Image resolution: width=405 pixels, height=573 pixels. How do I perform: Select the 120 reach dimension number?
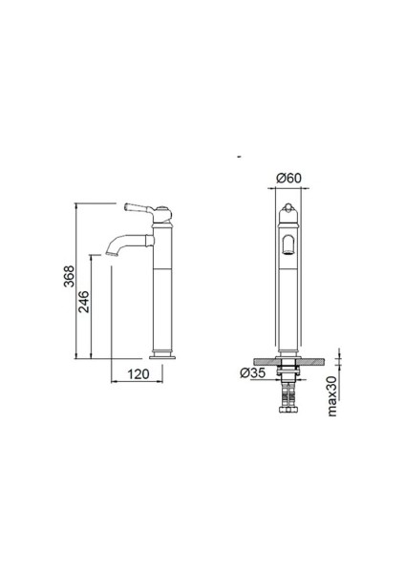[x=139, y=374]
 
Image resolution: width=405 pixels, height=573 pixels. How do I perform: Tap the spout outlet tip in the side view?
[x=113, y=255]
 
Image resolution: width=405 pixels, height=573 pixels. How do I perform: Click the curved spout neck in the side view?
[x=122, y=239]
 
